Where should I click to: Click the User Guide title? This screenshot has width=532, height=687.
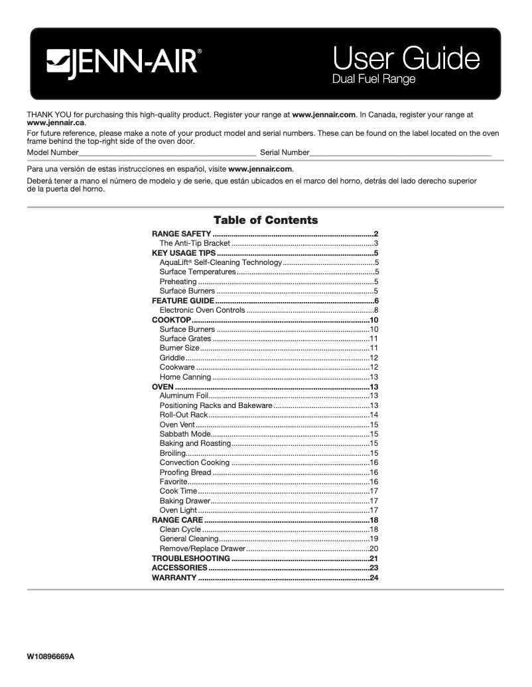coord(405,59)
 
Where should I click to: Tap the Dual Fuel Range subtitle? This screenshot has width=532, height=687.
coord(373,80)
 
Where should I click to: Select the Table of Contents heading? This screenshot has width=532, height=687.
coord(265,220)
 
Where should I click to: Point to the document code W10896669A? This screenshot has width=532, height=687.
coord(51,657)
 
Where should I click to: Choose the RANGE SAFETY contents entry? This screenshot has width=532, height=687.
coord(182,234)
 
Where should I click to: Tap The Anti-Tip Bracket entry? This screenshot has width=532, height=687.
coord(194,244)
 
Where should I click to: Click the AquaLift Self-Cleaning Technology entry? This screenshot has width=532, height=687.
coord(220,263)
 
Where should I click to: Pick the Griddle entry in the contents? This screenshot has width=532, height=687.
coord(172,358)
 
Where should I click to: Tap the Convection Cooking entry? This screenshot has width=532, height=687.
coord(194,462)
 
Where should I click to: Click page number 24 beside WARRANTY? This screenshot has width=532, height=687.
coord(373,578)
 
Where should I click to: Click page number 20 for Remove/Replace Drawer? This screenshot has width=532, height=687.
coord(373,549)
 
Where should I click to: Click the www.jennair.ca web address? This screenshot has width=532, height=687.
coord(56,123)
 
